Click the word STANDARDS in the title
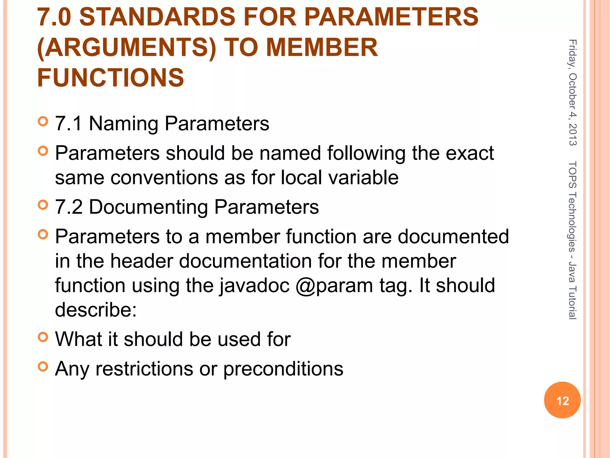click(x=158, y=17)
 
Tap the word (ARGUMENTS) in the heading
click(x=127, y=48)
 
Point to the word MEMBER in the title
click(x=322, y=48)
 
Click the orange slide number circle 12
click(x=562, y=400)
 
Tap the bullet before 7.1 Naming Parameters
click(x=43, y=121)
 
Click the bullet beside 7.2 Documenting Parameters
click(x=43, y=205)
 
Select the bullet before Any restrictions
click(x=43, y=366)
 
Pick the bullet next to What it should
click(x=43, y=337)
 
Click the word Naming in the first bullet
click(x=123, y=124)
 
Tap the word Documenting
click(x=148, y=207)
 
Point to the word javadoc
click(x=255, y=286)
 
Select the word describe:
click(x=96, y=310)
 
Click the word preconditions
click(x=283, y=369)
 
